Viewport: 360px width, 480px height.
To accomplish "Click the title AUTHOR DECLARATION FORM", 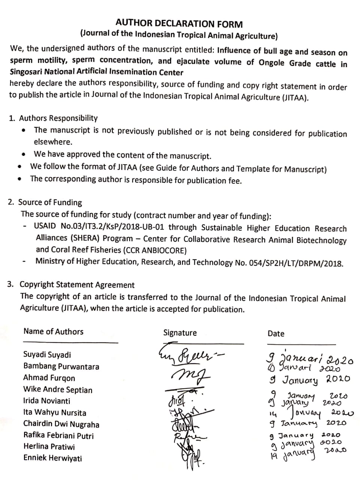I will [x=179, y=24].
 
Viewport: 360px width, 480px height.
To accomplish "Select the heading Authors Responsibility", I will [x=58, y=118].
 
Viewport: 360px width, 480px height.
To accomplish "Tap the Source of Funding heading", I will [x=50, y=202].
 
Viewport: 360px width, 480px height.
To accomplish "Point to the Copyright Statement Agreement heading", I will [x=77, y=285].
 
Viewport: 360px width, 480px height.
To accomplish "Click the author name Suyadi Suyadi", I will [x=47, y=355].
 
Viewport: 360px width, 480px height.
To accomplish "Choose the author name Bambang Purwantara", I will [x=61, y=366].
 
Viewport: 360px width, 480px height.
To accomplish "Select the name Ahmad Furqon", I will [x=49, y=378].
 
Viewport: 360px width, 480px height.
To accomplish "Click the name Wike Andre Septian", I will [x=58, y=390].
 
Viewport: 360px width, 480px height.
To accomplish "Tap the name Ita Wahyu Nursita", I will [x=55, y=413].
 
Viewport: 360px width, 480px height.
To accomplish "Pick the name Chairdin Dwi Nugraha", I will [x=61, y=424].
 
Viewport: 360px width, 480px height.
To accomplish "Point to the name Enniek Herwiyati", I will [x=52, y=458].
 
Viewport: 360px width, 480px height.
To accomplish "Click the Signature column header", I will [x=180, y=333].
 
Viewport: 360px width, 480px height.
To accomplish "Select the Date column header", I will [x=276, y=333].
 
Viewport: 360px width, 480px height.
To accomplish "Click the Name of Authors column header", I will [x=53, y=331].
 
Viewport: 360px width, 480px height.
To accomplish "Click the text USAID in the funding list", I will [x=45, y=226].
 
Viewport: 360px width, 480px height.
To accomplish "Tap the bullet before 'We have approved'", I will [x=24, y=154].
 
